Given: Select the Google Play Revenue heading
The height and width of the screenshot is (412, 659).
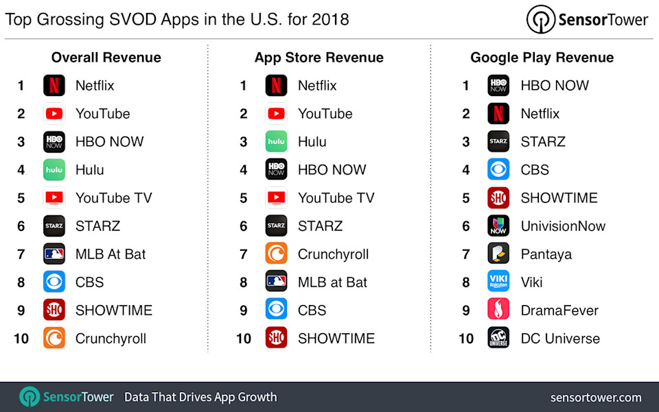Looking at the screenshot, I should tap(542, 58).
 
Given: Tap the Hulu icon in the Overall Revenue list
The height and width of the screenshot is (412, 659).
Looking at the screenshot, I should tap(54, 170).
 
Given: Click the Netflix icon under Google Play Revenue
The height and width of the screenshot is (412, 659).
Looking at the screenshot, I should tap(498, 114).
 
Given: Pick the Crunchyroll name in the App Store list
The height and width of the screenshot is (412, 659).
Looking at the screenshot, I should tap(333, 254).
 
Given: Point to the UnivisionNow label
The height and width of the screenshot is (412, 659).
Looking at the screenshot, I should tap(563, 226).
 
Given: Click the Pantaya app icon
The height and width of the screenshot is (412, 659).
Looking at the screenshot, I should tap(498, 254).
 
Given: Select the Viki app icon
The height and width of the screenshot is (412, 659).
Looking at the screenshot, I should tap(498, 282).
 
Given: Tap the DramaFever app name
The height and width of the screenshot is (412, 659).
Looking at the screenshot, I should tap(559, 311).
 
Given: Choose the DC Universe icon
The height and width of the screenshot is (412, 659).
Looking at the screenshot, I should tap(498, 338).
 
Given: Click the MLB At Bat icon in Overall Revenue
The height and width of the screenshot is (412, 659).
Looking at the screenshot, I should tap(54, 254).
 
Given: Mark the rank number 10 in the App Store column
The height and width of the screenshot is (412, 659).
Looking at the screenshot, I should tap(244, 339).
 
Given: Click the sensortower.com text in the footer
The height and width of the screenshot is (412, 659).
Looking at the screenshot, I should tap(596, 398).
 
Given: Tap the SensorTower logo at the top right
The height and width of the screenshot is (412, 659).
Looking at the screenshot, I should tap(587, 20).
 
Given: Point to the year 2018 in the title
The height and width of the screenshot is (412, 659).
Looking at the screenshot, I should tap(330, 19).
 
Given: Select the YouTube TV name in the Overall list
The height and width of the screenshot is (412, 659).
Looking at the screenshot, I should tap(113, 198).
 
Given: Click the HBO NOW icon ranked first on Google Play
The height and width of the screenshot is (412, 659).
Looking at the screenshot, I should tap(498, 86).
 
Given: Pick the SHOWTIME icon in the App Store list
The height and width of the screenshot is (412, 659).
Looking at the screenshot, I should tap(276, 338).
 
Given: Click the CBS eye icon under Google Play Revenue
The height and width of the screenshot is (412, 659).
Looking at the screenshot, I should tap(498, 170).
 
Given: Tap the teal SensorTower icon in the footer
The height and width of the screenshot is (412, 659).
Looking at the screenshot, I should tap(30, 397).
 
